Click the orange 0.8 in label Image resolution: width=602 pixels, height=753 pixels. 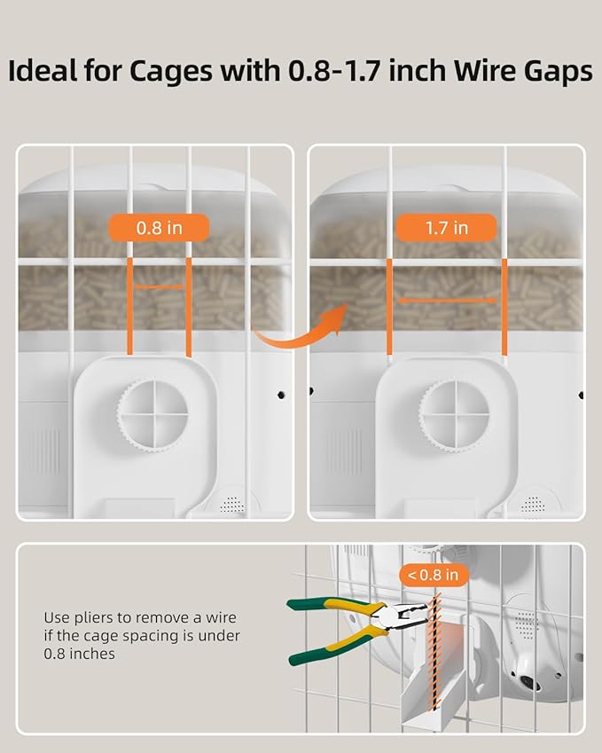[160, 228]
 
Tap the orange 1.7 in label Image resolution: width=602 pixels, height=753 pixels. [447, 228]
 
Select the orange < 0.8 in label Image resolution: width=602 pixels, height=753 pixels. [434, 576]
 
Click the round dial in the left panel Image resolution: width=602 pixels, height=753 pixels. [152, 412]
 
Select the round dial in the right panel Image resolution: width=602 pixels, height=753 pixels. [455, 412]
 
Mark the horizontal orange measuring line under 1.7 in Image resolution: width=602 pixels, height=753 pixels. [447, 301]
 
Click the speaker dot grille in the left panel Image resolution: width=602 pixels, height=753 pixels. [231, 503]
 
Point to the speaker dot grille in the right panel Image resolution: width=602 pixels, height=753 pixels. [533, 503]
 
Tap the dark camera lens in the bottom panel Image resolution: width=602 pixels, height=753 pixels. [530, 684]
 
